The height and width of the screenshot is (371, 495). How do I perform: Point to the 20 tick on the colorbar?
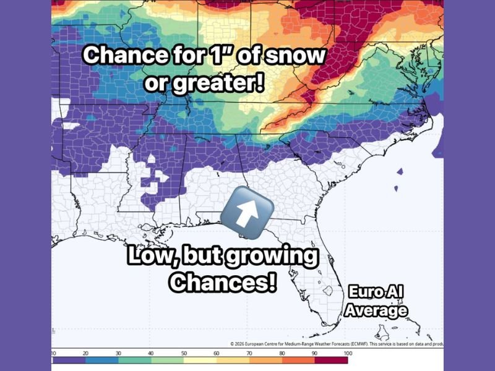click(x=84, y=353)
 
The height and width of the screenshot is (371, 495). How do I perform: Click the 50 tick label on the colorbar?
click(x=183, y=353)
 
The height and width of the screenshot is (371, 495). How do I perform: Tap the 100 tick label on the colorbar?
click(x=348, y=353)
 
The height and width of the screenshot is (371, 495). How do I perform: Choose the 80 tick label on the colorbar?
click(x=282, y=353)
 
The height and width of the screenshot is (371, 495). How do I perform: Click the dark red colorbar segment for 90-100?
click(x=331, y=360)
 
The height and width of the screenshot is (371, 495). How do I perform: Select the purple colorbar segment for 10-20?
click(x=67, y=360)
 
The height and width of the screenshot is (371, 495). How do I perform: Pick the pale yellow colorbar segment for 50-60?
click(x=199, y=360)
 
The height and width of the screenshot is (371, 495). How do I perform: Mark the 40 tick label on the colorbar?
click(x=150, y=353)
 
